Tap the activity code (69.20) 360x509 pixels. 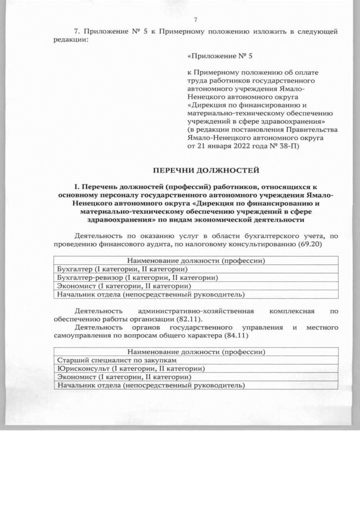[325, 245]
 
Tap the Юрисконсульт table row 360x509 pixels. [129, 368]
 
